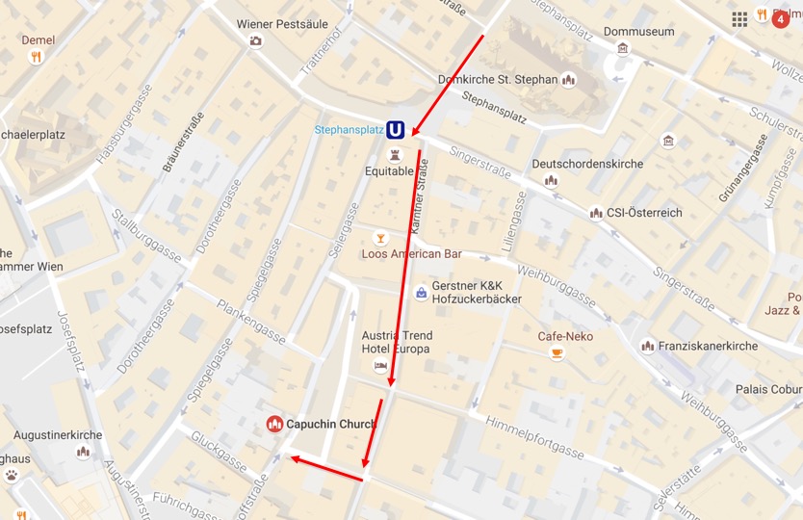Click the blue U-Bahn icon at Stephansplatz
[x=395, y=130]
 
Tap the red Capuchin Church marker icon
[x=274, y=424]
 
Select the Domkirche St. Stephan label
[x=497, y=80]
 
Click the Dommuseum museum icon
[x=623, y=49]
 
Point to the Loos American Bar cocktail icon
[x=381, y=237]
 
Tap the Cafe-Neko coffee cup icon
[x=557, y=353]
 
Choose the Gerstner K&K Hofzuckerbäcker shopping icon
[x=420, y=292]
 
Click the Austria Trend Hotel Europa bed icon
[x=381, y=367]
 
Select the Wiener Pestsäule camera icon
[x=255, y=40]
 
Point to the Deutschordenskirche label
[x=587, y=164]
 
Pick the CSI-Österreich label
[x=644, y=213]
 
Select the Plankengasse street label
[x=251, y=322]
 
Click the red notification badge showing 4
[x=780, y=18]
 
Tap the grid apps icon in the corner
[x=739, y=18]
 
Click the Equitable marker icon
[x=395, y=154]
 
